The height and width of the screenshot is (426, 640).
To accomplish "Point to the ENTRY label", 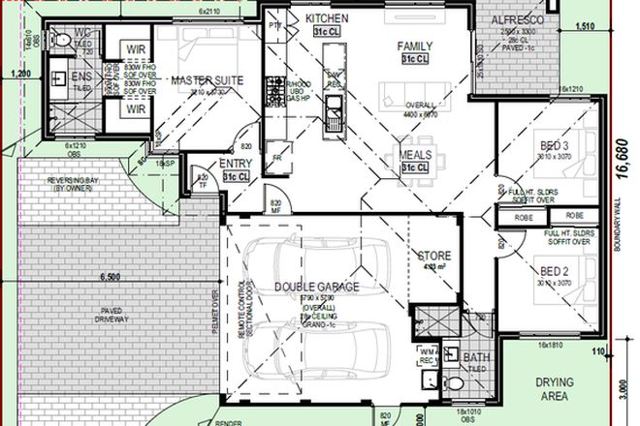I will pos(238,165).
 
